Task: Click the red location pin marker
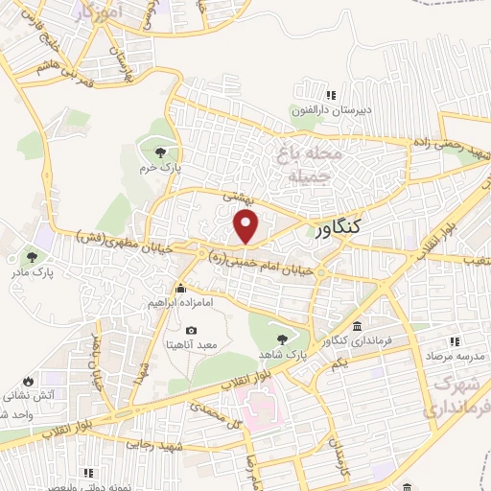tap(246, 226)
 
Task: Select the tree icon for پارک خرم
tap(160, 152)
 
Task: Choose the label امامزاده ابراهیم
tap(180, 303)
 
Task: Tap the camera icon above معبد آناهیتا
tap(190, 331)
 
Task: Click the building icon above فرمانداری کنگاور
tap(357, 326)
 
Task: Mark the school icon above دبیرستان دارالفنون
tap(330, 95)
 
